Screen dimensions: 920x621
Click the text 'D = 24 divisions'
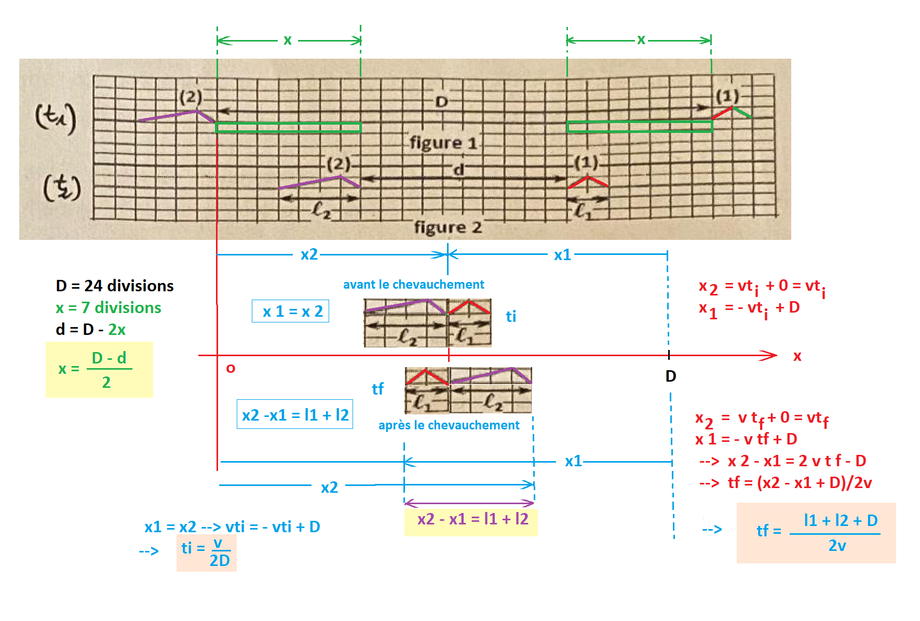pos(115,286)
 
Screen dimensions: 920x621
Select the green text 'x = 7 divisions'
pos(109,307)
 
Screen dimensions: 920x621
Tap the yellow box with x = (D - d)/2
pos(99,369)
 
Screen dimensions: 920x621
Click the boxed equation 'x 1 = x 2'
pos(290,311)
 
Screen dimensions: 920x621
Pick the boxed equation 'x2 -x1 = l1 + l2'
pos(295,414)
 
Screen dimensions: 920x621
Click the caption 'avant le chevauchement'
pos(413,285)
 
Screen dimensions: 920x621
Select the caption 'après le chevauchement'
pos(449,425)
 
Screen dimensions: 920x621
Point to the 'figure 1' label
pos(443,142)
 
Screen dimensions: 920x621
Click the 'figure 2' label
pos(448,227)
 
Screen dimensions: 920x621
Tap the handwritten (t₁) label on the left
pos(56,118)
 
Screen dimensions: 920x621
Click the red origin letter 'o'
pos(231,368)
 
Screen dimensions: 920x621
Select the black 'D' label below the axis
pos(671,376)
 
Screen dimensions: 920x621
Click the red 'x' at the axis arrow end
pos(797,356)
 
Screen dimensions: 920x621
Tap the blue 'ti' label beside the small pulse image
pos(511,316)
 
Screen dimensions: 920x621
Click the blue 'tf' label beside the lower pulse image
pos(377,389)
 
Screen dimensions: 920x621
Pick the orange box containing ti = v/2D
pos(207,552)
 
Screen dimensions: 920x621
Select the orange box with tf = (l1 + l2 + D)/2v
pos(816,533)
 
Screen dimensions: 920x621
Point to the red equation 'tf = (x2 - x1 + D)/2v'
pos(800,483)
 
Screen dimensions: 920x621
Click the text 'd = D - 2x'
pos(90,329)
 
